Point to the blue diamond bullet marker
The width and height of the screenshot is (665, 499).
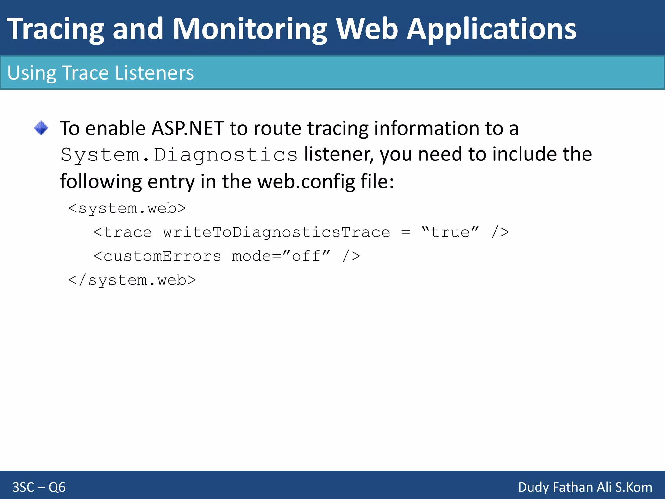41,128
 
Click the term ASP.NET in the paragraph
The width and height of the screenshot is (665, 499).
188,128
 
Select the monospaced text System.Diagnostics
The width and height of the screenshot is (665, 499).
179,155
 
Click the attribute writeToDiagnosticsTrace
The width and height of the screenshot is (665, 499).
276,232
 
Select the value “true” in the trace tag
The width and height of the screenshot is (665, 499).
450,232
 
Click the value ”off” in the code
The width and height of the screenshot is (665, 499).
306,256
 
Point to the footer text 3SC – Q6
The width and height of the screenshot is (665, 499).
39,487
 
